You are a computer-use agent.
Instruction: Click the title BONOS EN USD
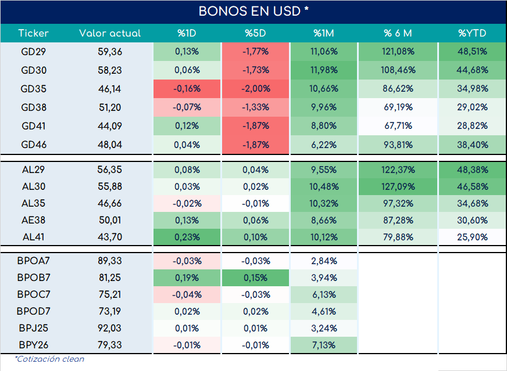point(249,11)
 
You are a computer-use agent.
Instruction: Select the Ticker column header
point(33,33)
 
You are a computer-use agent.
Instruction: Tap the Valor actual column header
point(110,33)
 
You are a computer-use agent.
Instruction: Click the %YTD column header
point(472,33)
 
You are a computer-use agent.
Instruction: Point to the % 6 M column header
point(398,33)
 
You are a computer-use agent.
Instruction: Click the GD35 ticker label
point(33,89)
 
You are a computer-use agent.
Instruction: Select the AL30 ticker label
point(33,186)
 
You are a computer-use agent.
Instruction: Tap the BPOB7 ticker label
point(33,278)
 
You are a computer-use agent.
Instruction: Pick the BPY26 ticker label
point(33,345)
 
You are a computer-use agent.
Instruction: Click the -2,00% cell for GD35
point(255,89)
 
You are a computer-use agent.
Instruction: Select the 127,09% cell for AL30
point(398,186)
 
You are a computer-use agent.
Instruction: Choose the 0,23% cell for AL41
point(187,237)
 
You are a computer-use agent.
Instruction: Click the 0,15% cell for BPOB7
point(255,278)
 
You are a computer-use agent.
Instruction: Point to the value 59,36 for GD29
point(110,52)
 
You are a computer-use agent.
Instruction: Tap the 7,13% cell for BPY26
point(324,345)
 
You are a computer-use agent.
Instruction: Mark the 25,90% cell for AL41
point(472,237)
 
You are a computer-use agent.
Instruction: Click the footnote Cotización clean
point(49,359)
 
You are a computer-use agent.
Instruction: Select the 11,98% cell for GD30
point(324,70)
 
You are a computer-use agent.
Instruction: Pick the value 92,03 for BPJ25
point(110,328)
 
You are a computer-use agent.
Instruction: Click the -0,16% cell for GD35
point(187,89)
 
